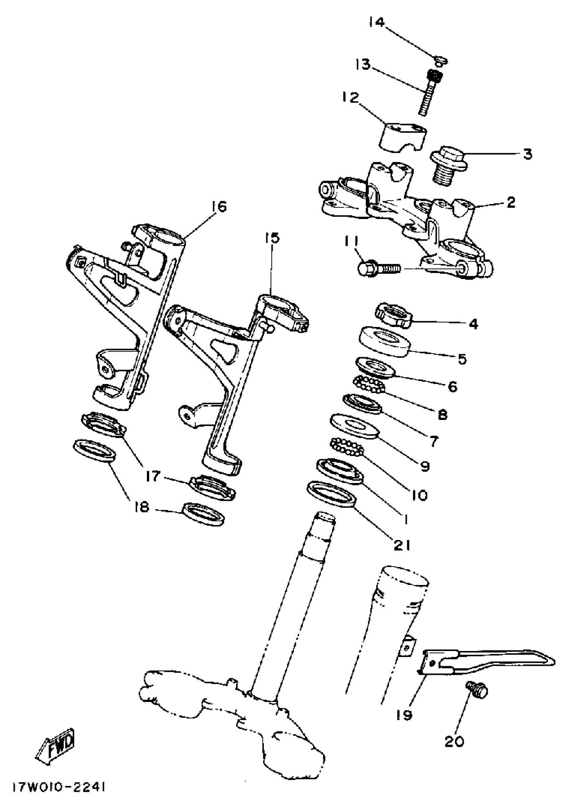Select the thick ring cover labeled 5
(x=384, y=341)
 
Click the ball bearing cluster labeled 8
(x=369, y=384)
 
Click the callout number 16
(x=219, y=206)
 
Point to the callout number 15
(x=272, y=238)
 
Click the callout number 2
(x=511, y=202)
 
